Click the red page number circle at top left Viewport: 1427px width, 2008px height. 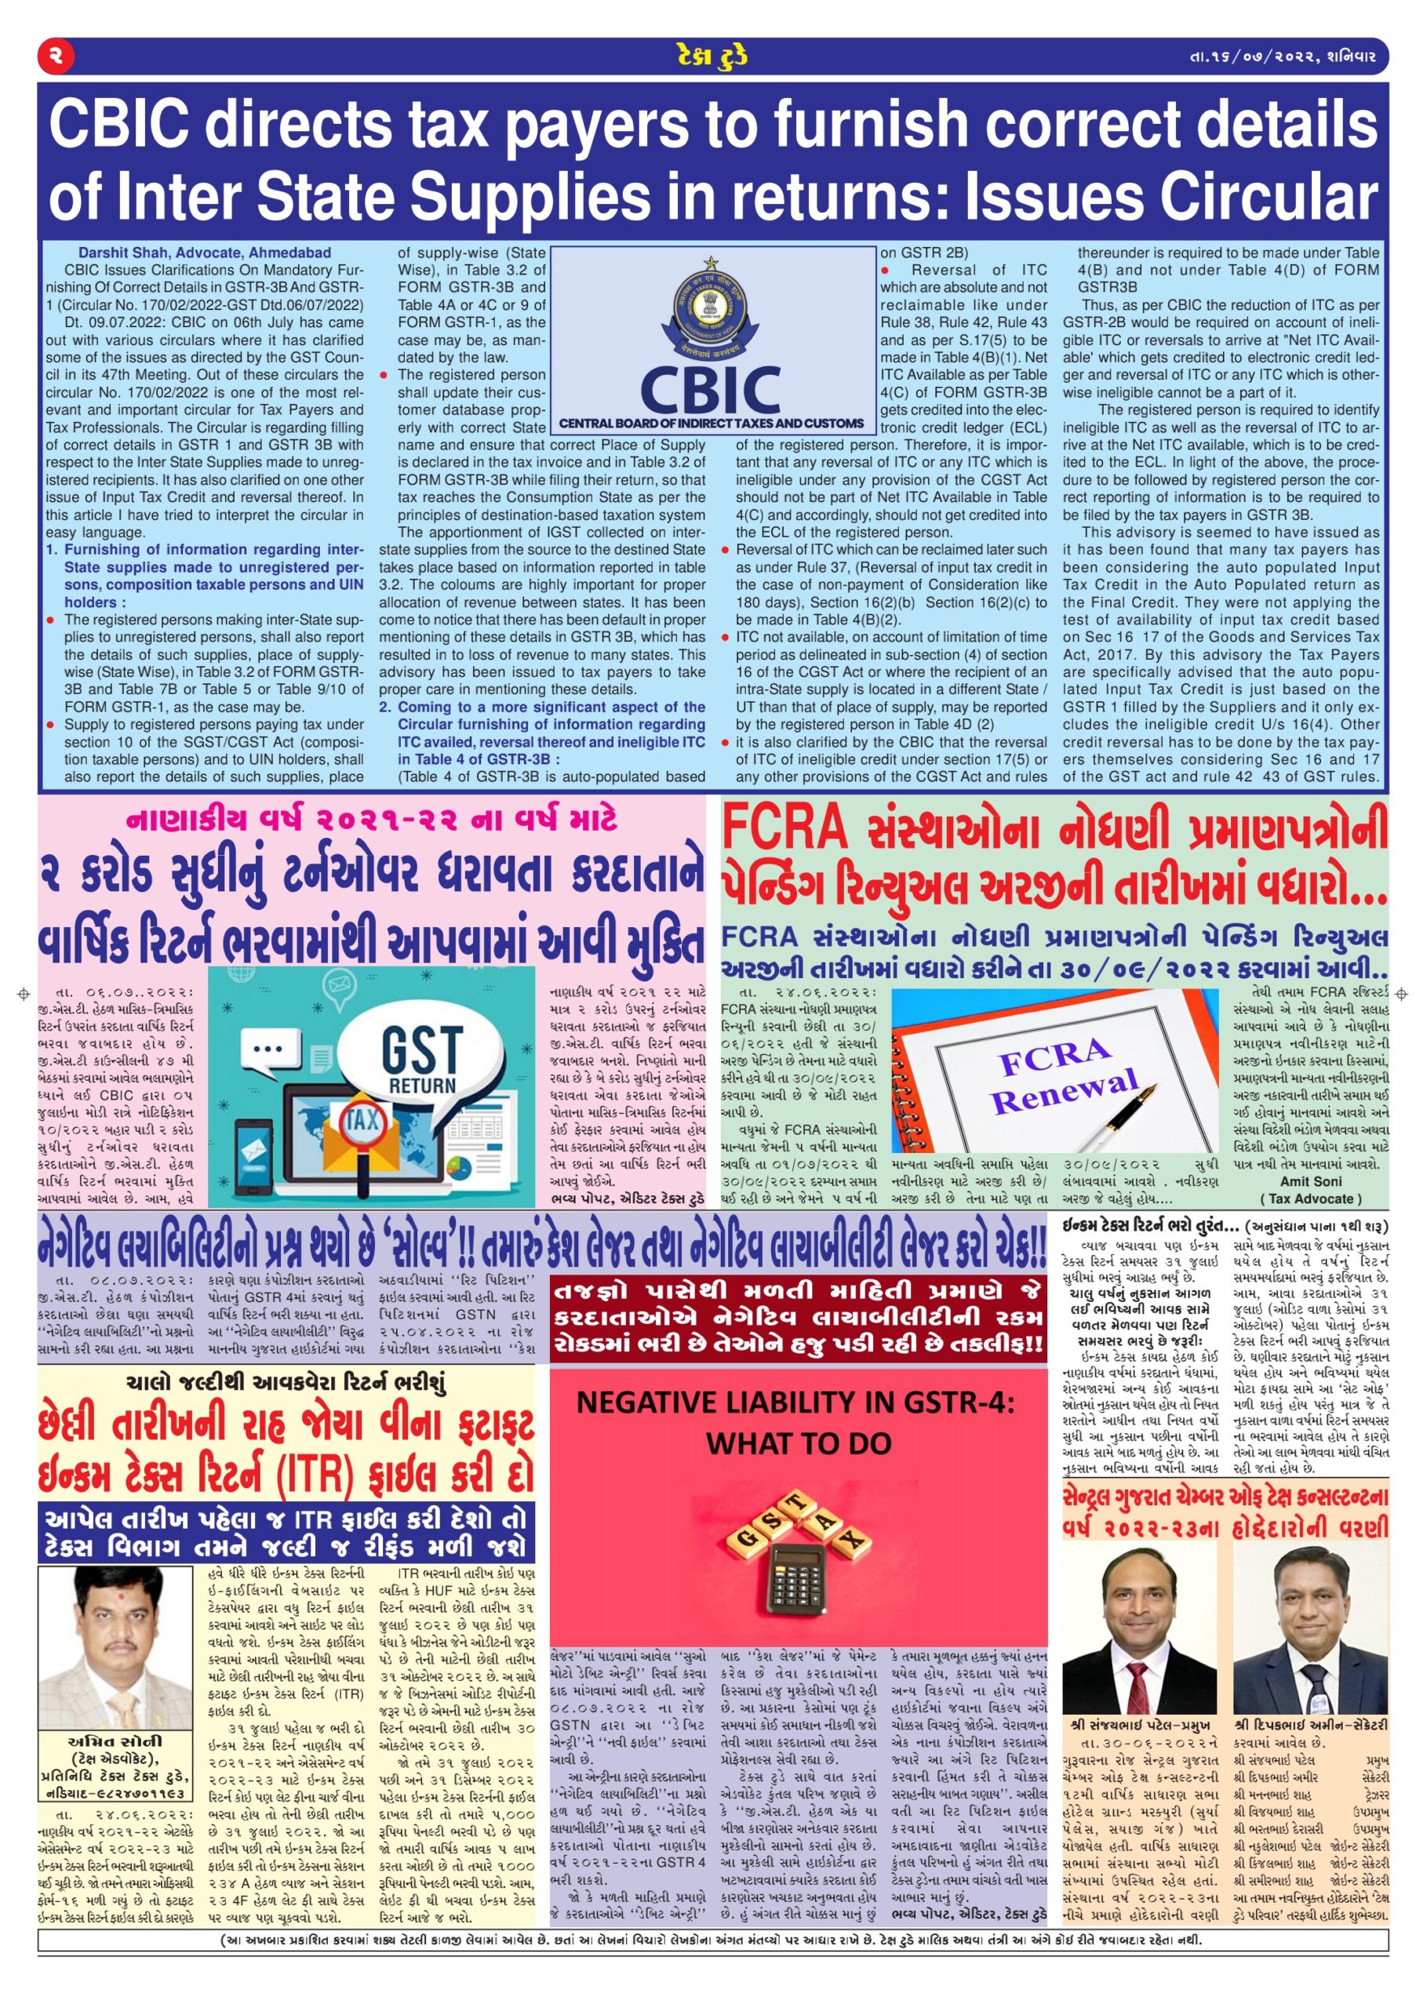tap(56, 57)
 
